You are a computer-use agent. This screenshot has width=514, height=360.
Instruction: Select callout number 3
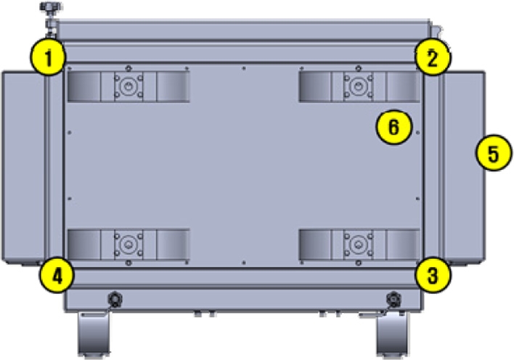pyautogui.click(x=433, y=275)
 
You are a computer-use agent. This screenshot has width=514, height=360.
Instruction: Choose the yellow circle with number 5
pyautogui.click(x=493, y=155)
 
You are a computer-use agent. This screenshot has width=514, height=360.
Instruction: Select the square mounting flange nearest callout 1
pyautogui.click(x=128, y=87)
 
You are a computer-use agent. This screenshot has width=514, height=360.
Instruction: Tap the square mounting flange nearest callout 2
pyautogui.click(x=356, y=87)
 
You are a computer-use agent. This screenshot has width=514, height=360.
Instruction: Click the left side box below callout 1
pyautogui.click(x=23, y=167)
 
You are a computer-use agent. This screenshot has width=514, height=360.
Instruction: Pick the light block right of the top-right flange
pyautogui.click(x=401, y=87)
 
